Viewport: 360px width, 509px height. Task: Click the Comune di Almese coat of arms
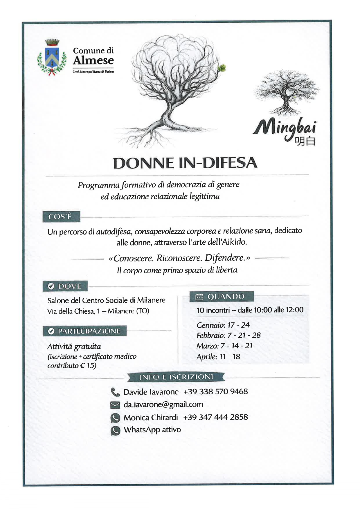[52, 57]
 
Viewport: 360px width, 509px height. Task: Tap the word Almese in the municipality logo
[93, 60]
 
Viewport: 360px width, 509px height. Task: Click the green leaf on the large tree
[222, 68]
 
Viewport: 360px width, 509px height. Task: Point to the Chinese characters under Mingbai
[305, 141]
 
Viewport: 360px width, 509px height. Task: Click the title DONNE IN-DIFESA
[185, 163]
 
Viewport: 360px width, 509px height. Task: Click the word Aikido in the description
[234, 242]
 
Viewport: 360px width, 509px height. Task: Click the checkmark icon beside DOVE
[51, 286]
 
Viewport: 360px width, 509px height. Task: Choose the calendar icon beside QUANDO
[199, 297]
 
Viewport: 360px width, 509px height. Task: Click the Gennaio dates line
[223, 325]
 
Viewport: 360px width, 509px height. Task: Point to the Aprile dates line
[218, 357]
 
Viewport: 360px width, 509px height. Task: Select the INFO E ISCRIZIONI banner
[176, 377]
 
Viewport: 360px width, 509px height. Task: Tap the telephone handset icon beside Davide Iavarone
[115, 392]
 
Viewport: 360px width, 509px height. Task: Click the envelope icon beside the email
[115, 405]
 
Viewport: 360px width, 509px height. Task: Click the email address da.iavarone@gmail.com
[163, 405]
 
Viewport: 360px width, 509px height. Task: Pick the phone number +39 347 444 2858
[216, 417]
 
